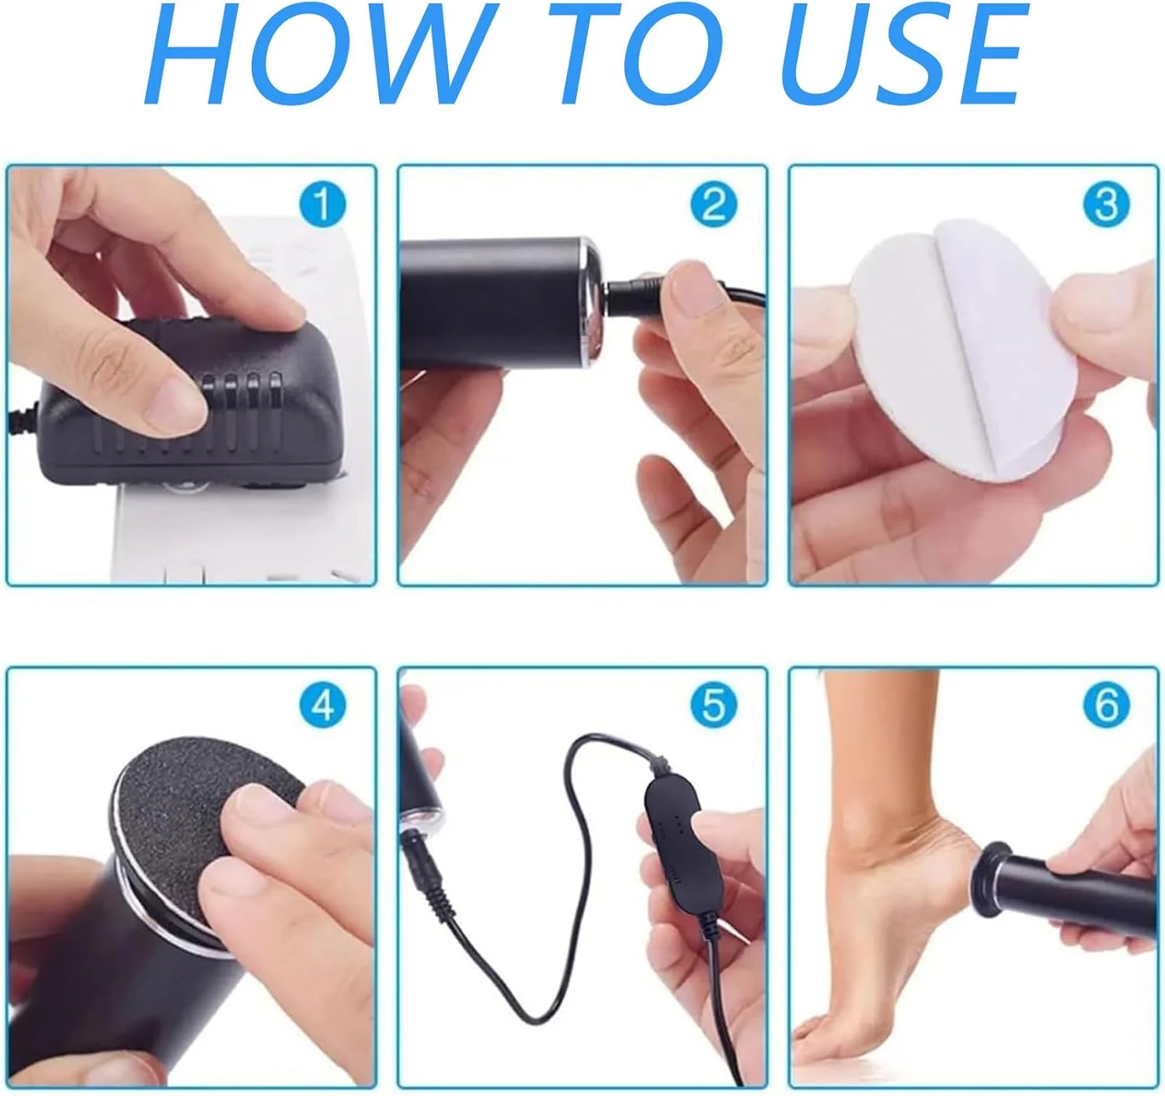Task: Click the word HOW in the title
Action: point(316,54)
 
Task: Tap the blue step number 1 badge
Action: point(322,204)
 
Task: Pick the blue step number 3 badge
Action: point(1106,204)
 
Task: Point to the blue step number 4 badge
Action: point(322,705)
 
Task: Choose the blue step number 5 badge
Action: point(713,705)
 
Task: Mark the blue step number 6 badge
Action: point(1106,705)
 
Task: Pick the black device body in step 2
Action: point(499,302)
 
